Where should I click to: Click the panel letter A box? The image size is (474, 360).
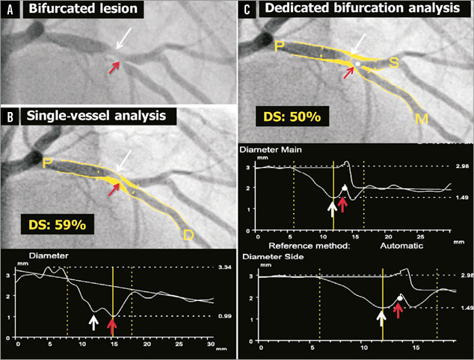point(10,10)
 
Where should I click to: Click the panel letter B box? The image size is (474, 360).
point(10,116)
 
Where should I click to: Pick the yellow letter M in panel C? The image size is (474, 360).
point(423,120)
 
